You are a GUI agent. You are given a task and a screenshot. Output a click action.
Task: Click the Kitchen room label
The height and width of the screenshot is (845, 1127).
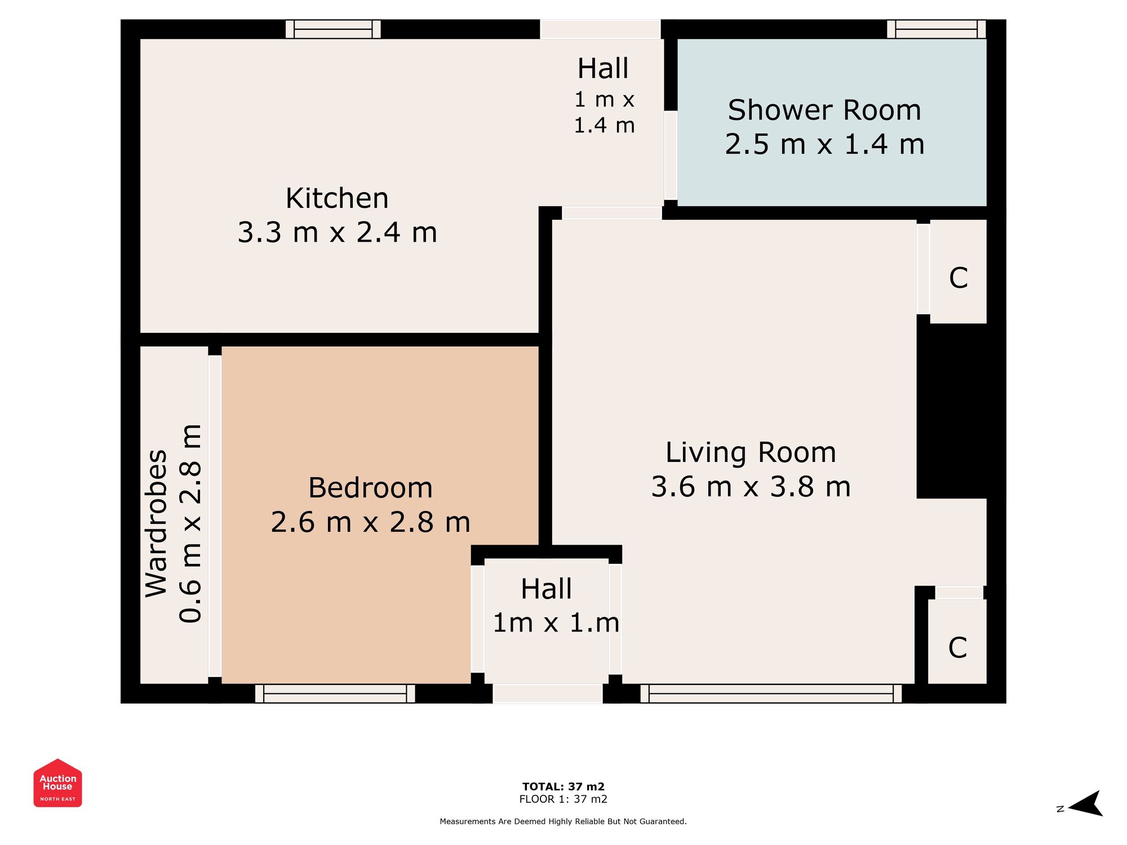(x=337, y=198)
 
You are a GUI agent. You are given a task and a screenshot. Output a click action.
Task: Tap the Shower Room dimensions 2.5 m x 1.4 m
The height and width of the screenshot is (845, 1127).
(x=824, y=144)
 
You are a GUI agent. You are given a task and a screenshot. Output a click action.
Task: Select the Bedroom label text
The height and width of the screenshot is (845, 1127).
(x=370, y=488)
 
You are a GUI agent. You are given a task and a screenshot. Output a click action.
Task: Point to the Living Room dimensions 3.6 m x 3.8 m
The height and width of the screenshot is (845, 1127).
(x=751, y=487)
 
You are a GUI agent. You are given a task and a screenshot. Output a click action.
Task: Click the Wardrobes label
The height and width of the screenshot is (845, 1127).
(x=156, y=523)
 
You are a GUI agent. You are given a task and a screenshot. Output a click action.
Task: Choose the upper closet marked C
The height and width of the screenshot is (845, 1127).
(x=958, y=278)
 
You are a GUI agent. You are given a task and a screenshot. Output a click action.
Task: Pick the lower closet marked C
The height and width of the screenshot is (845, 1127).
(x=957, y=648)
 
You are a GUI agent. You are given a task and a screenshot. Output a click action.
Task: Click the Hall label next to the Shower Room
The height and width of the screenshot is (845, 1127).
(x=602, y=69)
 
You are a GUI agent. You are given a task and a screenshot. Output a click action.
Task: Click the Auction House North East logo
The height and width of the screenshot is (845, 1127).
(x=57, y=783)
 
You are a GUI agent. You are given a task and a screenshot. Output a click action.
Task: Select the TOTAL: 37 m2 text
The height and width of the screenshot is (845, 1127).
(x=563, y=786)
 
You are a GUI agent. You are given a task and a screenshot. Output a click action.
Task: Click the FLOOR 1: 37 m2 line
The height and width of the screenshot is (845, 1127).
(x=563, y=799)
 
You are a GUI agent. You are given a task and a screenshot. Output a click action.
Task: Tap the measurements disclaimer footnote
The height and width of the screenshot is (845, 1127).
(x=563, y=821)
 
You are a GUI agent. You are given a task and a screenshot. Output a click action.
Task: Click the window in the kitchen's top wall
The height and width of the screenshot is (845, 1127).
(x=333, y=29)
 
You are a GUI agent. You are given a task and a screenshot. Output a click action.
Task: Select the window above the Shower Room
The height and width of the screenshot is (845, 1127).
(x=936, y=29)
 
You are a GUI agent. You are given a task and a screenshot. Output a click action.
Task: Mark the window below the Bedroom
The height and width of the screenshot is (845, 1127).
(x=335, y=693)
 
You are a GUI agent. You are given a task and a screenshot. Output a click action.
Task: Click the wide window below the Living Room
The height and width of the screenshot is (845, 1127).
(x=771, y=693)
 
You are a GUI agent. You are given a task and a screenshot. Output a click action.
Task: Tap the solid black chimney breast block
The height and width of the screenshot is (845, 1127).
(x=952, y=411)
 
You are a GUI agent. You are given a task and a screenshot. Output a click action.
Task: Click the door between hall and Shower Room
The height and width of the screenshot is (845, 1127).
(x=671, y=155)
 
